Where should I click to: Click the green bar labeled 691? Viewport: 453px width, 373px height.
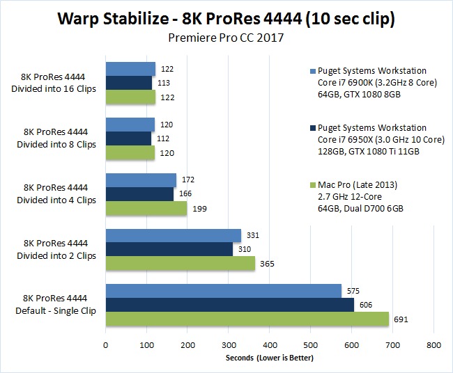pos(247,319)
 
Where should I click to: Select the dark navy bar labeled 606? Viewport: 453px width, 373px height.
pos(229,305)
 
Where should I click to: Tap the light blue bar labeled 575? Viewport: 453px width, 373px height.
pos(223,291)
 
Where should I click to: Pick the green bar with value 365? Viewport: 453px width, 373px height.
pos(180,263)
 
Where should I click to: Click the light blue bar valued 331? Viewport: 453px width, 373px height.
pos(173,235)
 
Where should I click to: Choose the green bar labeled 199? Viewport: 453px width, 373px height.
pos(146,207)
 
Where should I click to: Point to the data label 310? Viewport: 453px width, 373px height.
pos(243,249)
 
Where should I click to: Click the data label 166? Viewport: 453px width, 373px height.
pos(184,193)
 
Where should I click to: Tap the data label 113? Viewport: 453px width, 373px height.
pos(162,82)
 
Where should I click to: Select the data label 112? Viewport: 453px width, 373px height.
pos(162,138)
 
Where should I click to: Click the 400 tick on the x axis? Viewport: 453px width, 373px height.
pos(270,344)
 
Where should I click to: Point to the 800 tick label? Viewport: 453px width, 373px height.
pos(433,344)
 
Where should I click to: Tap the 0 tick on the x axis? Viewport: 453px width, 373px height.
pos(106,344)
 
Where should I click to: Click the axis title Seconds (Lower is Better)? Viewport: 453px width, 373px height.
pos(270,358)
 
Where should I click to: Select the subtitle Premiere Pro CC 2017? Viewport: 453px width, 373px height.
pos(226,38)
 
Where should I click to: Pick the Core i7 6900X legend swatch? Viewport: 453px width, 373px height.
pos(312,72)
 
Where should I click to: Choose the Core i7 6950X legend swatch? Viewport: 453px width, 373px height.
pos(312,129)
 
